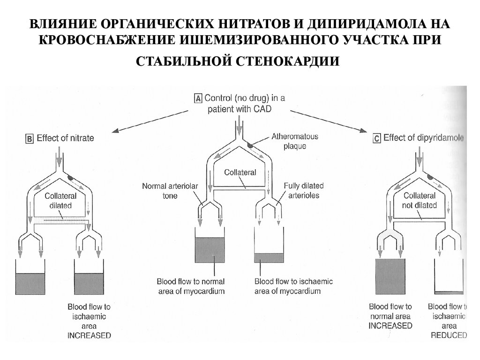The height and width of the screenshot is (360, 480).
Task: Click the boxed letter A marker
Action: tap(198, 98)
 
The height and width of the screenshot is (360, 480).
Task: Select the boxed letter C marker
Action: tap(376, 138)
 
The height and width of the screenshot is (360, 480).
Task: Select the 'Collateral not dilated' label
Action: tap(420, 201)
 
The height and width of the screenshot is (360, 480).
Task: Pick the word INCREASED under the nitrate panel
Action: tap(89, 335)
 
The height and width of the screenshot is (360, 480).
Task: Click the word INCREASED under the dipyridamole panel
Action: tap(390, 325)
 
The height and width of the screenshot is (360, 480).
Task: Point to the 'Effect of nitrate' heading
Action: tap(65, 138)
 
